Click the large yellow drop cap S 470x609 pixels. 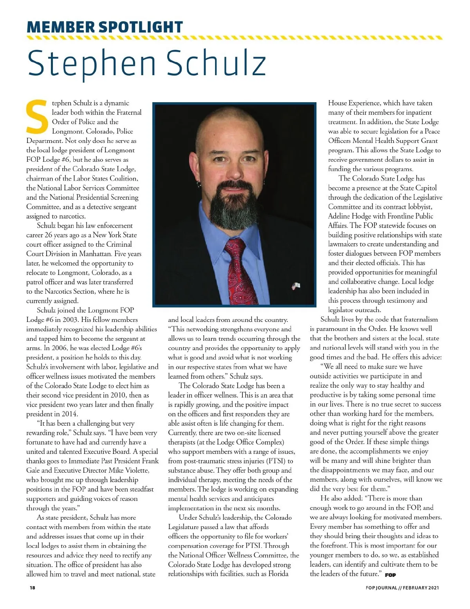(37, 117)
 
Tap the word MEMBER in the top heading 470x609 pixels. (60, 27)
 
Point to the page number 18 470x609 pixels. (32, 587)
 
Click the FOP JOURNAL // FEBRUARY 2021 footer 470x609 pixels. (402, 587)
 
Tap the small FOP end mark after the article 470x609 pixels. (390, 575)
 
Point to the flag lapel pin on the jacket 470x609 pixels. (296, 286)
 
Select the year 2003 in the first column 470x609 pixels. (70, 320)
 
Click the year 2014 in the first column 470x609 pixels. (69, 414)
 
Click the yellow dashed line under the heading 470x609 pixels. (234, 38)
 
